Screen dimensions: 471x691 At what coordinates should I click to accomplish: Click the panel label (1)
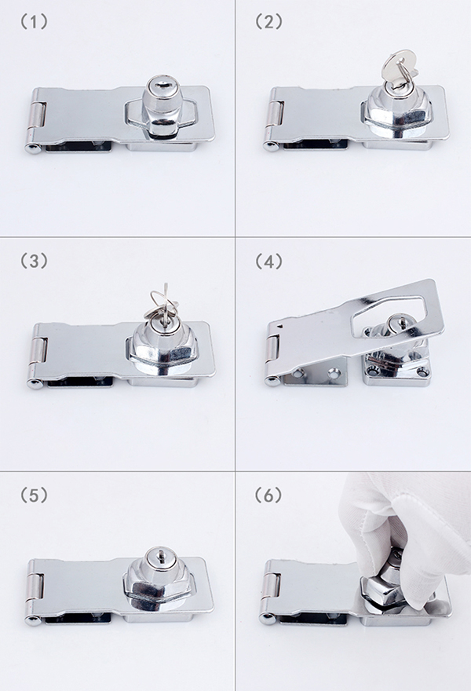point(34,22)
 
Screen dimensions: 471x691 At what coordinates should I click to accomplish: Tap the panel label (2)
point(268,22)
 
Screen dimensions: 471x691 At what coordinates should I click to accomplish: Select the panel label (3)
point(34,261)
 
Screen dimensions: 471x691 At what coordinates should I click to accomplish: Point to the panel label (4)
point(268,261)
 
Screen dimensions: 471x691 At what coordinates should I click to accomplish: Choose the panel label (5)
point(34,495)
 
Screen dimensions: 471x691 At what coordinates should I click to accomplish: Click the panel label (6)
point(268,495)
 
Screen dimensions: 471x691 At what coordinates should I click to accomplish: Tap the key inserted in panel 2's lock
point(395,71)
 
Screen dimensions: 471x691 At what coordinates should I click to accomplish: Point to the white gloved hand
point(410,543)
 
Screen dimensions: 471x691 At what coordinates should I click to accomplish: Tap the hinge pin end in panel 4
point(271,382)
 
